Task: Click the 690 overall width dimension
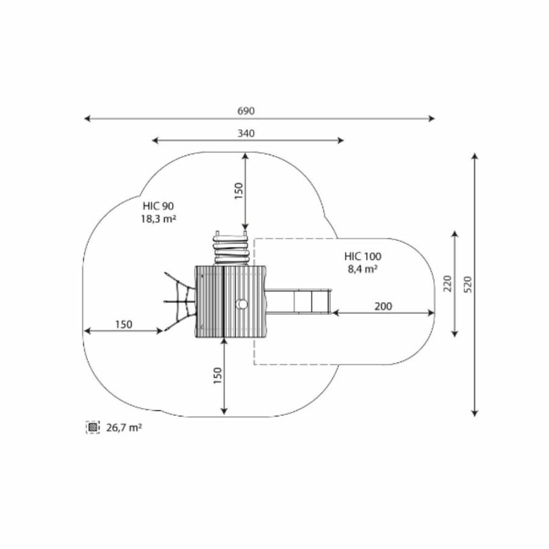coord(246,111)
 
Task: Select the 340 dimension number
coord(246,134)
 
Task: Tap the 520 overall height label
coord(468,285)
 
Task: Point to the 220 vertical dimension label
coord(448,284)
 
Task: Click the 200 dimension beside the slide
coord(383,306)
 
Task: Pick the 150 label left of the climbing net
coord(124,325)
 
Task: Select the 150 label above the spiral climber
coord(239,191)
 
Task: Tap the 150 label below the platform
coord(218,376)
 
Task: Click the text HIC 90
coord(158,206)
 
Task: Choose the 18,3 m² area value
coord(158,219)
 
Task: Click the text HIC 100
coord(363,256)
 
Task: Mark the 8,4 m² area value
coord(363,269)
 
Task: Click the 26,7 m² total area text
coord(124,428)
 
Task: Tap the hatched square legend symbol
coord(93,428)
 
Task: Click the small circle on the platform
coord(242,304)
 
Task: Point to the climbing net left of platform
coord(179,301)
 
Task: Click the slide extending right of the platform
coord(299,301)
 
